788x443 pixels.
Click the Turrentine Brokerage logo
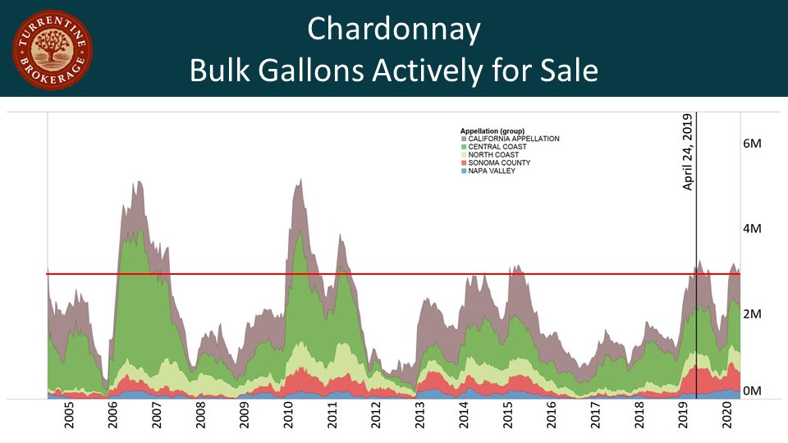(x=52, y=49)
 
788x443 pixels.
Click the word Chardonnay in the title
(x=393, y=30)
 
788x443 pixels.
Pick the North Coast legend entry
(x=495, y=155)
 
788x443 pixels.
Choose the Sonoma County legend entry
(x=499, y=162)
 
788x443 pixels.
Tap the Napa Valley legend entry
(x=492, y=171)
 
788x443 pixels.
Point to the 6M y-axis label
(x=752, y=143)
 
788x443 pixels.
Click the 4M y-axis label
(x=752, y=228)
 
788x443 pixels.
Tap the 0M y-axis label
(x=752, y=391)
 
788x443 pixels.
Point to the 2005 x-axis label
(x=69, y=418)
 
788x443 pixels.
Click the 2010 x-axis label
(x=288, y=418)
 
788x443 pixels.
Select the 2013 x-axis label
(x=420, y=418)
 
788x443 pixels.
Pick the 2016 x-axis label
(x=552, y=418)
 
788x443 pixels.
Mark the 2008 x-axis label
(x=200, y=418)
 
